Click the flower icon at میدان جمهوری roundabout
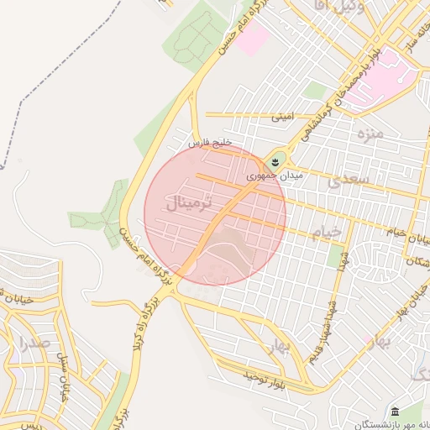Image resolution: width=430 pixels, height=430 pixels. point(274,161)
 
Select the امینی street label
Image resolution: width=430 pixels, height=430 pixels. point(282,119)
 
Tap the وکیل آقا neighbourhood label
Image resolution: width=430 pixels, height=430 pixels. point(360,7)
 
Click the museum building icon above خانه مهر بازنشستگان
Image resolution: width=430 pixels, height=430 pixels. point(395,411)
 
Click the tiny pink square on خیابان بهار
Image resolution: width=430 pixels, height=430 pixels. point(369,340)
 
